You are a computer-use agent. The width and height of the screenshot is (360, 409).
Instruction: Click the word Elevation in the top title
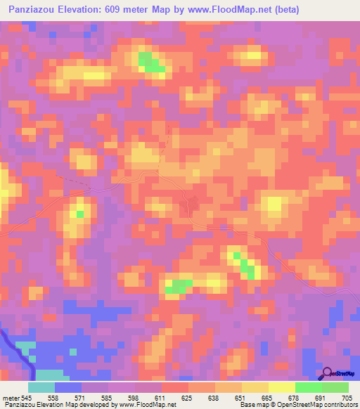[88, 10]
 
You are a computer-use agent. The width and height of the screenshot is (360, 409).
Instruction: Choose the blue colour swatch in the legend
[68, 387]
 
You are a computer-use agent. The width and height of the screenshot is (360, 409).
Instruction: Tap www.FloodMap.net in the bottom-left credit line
[148, 405]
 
